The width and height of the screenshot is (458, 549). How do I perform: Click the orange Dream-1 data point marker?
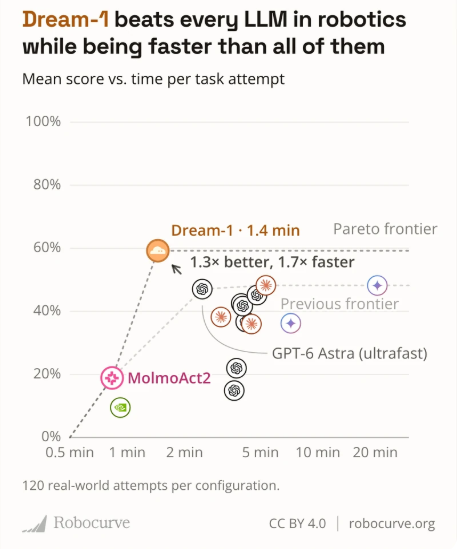[158, 251]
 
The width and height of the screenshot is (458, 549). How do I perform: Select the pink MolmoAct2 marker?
[112, 378]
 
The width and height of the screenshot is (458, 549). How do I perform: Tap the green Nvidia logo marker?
[120, 408]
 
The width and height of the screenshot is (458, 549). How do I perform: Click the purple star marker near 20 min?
[377, 285]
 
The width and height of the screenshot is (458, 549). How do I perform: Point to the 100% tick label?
[43, 121]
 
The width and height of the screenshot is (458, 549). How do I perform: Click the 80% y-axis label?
[47, 185]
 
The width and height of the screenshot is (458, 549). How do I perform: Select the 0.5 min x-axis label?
[70, 452]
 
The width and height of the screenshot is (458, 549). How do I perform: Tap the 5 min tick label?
[260, 452]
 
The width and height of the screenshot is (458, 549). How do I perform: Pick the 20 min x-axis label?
[375, 452]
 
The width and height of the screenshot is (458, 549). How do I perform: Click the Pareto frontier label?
[385, 229]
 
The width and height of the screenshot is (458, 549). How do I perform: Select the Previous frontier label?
[339, 304]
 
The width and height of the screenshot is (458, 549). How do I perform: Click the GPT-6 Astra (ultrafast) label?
[349, 353]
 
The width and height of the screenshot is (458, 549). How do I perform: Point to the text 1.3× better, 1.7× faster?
[272, 262]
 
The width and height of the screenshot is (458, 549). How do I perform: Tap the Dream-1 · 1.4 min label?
[235, 231]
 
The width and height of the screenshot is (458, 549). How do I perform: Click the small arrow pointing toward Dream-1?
[176, 270]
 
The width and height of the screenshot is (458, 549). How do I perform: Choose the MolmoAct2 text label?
[169, 378]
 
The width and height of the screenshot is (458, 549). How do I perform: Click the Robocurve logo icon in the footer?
[35, 524]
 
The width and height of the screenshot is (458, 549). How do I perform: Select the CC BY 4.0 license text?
[297, 524]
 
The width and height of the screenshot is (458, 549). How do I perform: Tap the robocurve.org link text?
[392, 524]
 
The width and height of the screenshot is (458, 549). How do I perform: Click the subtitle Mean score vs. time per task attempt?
[153, 79]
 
